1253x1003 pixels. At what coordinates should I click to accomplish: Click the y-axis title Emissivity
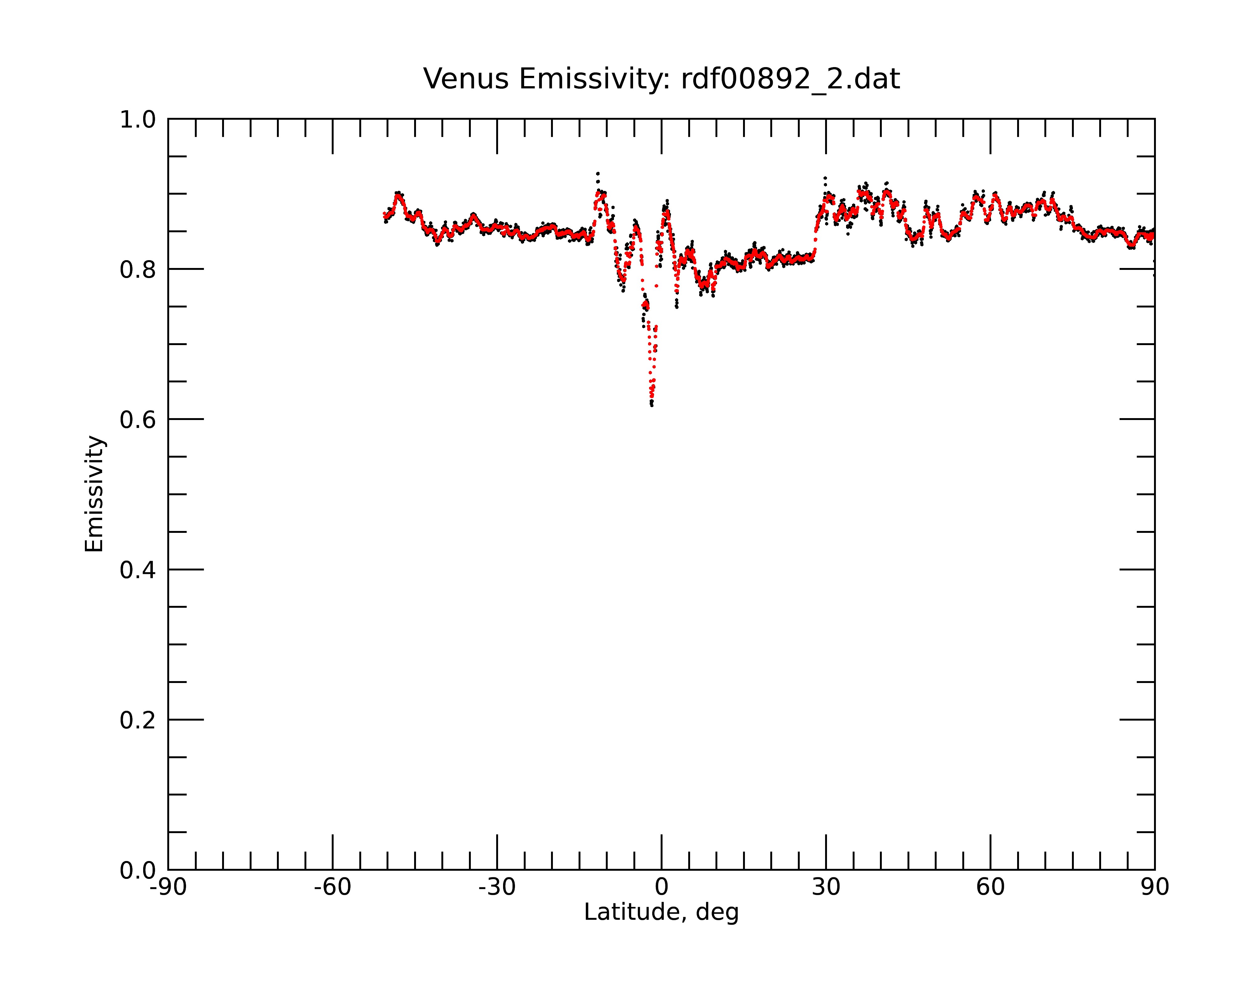coord(94,494)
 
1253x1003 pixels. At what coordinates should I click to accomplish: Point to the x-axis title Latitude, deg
coord(661,912)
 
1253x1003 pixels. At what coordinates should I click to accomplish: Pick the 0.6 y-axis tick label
coord(138,420)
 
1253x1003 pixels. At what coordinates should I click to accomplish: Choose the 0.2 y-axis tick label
coord(138,720)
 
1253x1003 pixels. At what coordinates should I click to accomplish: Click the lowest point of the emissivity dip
coord(652,405)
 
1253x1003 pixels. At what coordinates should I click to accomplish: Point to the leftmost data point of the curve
coord(384,215)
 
